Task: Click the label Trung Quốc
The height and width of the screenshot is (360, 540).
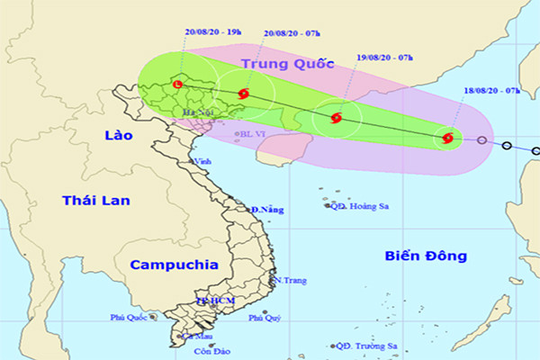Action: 287,65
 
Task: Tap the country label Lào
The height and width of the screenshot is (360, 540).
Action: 117,135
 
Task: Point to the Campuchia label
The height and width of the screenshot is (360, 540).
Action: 174,265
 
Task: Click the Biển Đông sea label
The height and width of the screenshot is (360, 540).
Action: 425,256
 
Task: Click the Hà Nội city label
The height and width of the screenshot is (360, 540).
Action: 194,112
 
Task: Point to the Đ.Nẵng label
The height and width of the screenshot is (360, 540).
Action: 267,210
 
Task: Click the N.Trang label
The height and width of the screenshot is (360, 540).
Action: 290,281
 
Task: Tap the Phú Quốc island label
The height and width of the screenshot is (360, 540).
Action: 130,317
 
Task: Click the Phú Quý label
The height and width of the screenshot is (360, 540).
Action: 265,318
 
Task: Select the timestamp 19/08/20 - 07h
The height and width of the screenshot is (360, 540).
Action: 382,58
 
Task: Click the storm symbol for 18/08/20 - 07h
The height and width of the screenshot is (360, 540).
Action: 447,138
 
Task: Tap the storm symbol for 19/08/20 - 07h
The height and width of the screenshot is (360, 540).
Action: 336,117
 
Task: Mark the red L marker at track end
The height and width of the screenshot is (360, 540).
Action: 177,85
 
